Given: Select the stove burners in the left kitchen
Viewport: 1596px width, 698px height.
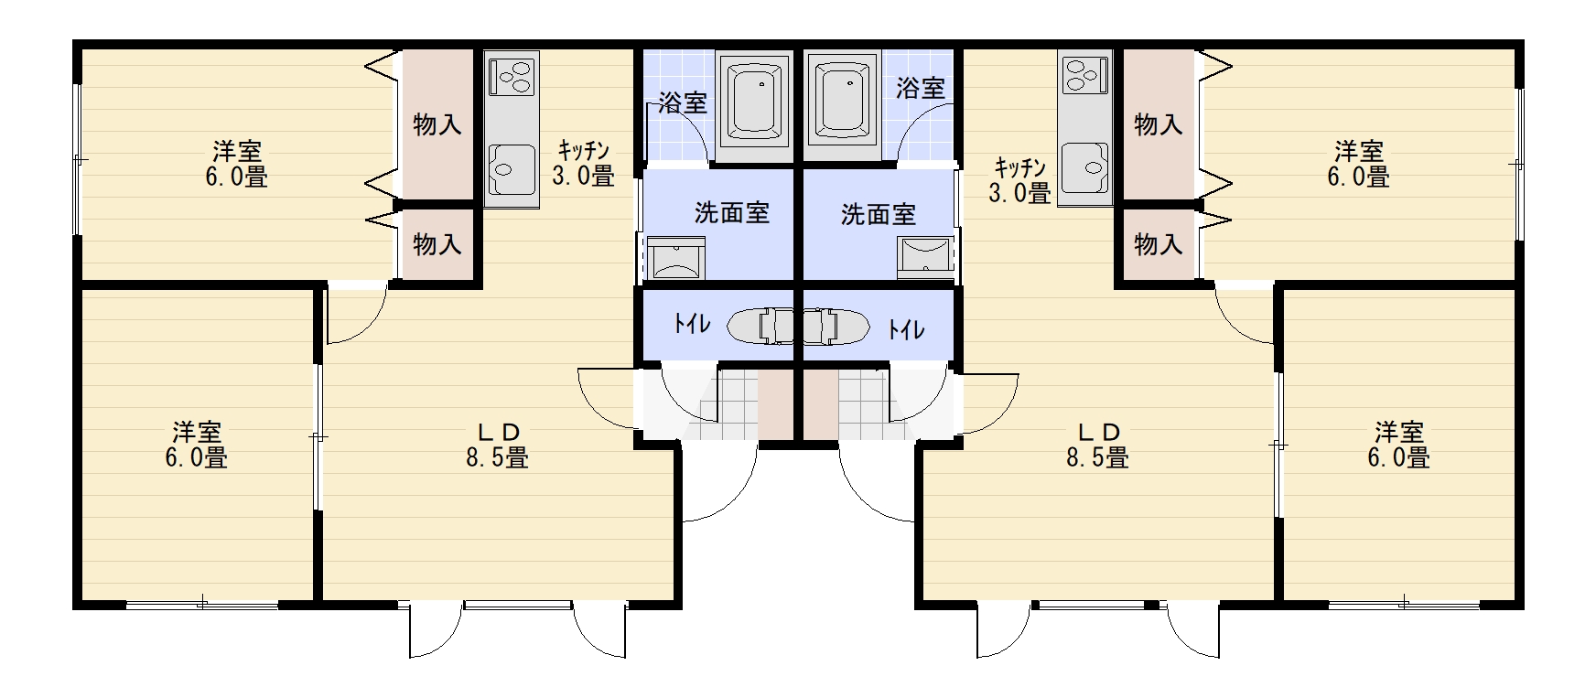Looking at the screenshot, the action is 512,76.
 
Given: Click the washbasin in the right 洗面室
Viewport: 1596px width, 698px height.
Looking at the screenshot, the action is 925,258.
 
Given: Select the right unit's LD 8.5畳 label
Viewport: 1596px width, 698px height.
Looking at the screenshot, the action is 1097,445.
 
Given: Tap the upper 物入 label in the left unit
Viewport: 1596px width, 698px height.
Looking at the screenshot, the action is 437,123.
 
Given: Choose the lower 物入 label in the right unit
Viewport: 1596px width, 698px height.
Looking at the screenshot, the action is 1159,244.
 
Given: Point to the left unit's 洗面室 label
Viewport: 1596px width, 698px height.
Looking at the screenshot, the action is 732,213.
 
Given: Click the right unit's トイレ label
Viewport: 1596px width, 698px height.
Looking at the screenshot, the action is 906,329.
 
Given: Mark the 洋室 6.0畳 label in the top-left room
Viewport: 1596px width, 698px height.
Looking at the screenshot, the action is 237,164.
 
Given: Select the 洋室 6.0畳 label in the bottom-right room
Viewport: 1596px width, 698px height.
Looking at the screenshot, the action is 1399,445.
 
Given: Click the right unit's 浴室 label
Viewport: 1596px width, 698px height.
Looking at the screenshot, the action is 921,88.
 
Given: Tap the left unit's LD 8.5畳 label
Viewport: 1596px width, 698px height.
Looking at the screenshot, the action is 498,445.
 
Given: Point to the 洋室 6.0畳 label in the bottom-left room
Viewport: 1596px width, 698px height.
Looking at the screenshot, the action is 197,445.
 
